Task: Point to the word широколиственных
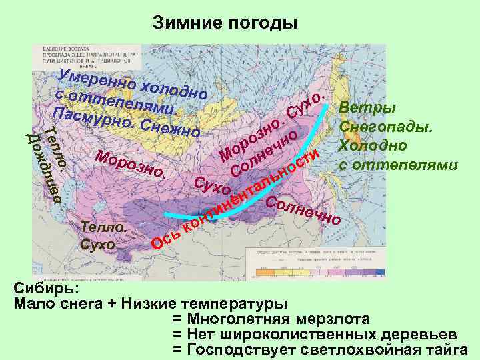coord(301,333)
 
